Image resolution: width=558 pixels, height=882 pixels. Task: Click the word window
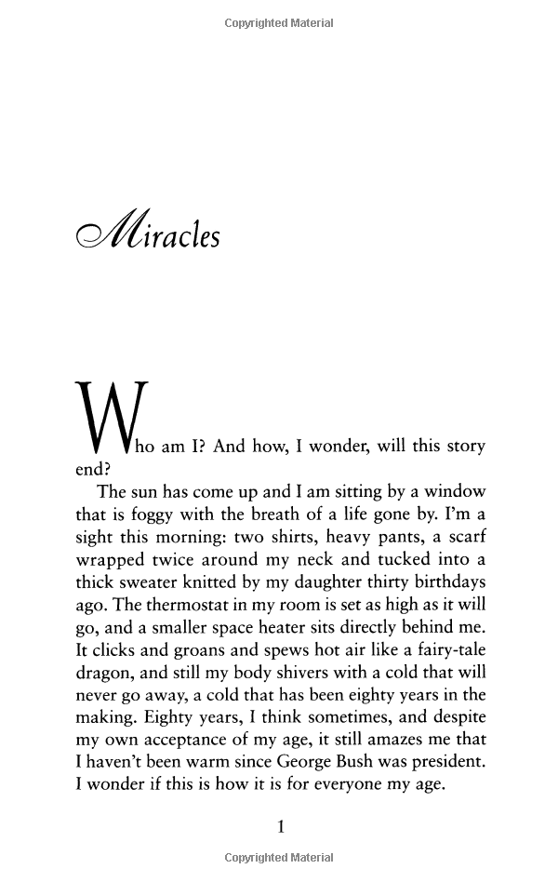(444, 491)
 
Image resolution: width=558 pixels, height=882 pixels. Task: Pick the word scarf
(462, 538)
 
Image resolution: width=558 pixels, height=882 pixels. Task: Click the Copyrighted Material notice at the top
(279, 23)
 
